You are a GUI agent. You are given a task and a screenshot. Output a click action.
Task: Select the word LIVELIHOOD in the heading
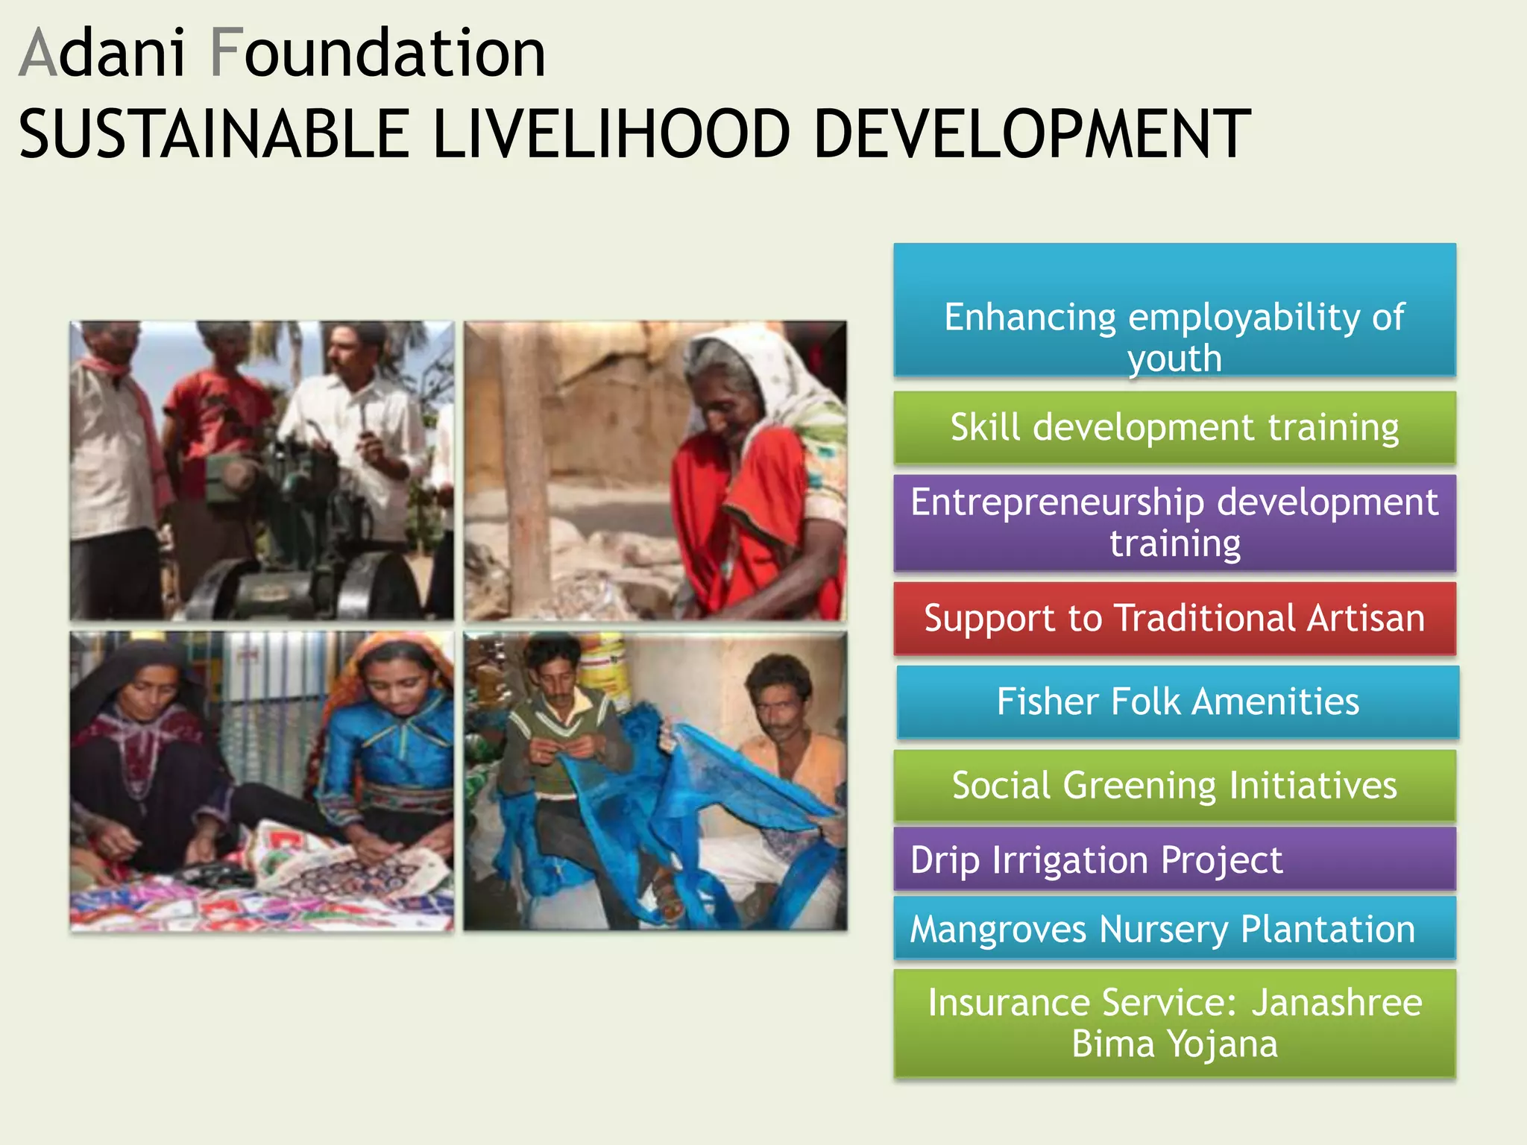point(611,134)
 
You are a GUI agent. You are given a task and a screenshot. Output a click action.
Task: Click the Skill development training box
point(1174,428)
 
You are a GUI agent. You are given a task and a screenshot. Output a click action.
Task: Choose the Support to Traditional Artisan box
point(1174,619)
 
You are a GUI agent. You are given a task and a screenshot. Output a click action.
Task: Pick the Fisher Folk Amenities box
point(1177,702)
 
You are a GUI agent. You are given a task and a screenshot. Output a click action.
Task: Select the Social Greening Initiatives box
point(1174,786)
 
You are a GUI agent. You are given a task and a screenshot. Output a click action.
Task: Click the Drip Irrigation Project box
point(1174,859)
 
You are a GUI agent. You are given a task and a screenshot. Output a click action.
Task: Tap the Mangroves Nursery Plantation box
point(1174,929)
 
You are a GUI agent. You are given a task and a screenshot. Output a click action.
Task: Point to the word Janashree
point(1336,1003)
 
